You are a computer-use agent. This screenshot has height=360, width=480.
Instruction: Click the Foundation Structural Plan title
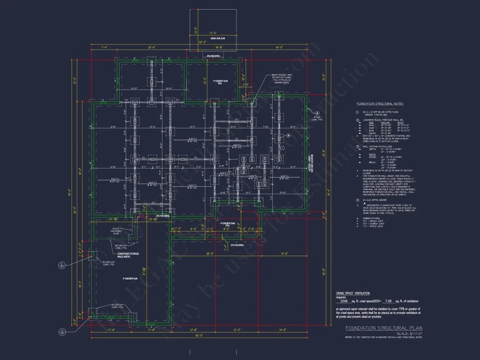384,328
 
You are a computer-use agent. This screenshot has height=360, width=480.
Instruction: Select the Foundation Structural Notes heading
380,104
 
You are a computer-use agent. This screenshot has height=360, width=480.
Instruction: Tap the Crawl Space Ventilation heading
353,293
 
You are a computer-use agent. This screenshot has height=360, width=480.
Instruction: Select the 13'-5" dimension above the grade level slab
213,33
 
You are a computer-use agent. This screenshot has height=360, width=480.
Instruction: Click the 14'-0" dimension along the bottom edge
282,329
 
